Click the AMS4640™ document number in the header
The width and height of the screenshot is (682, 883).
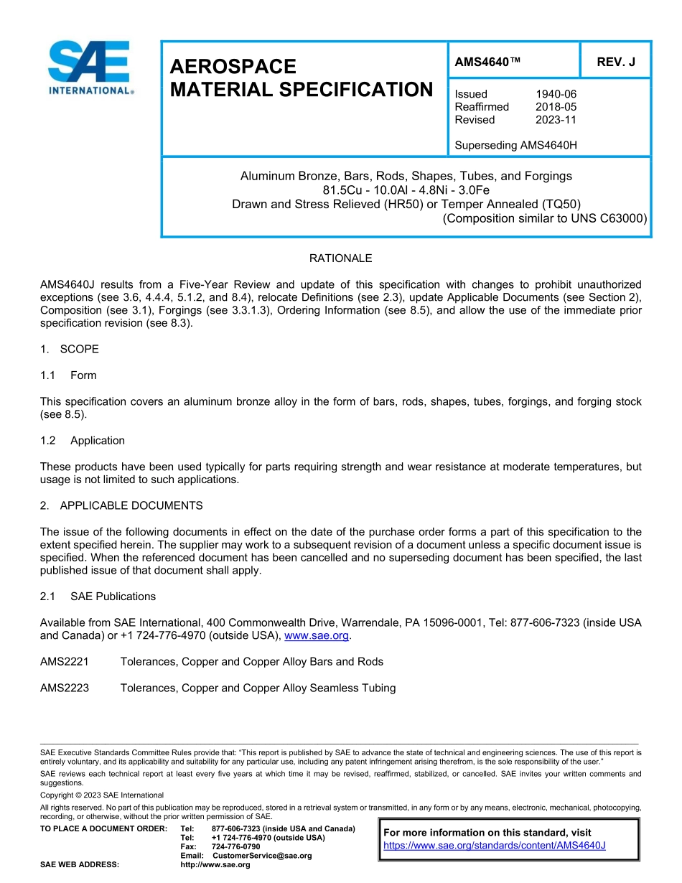487,62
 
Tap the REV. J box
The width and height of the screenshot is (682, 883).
615,62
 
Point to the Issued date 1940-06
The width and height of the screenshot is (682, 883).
556,94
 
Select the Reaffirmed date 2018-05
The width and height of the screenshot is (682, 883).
556,107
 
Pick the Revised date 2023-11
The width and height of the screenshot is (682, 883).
556,120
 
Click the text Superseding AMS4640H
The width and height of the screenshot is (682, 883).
515,145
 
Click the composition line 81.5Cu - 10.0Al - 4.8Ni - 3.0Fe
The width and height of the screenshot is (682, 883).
406,190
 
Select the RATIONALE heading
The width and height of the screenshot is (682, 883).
340,258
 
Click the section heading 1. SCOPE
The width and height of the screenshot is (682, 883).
70,350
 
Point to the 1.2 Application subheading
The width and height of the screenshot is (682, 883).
83,441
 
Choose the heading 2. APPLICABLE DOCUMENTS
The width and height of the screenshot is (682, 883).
121,506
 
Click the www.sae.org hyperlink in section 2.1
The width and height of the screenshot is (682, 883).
317,636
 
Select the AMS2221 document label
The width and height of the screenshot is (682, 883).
65,662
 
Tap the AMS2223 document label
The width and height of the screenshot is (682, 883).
65,688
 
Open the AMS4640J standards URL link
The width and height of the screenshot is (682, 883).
495,846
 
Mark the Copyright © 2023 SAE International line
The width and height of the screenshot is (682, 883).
102,795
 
